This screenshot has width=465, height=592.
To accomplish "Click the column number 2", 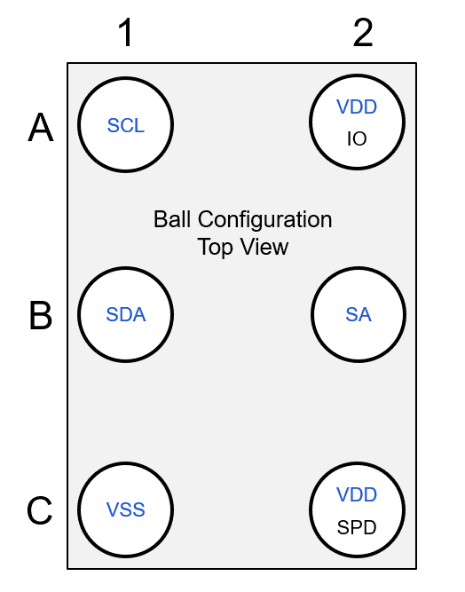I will (x=363, y=33).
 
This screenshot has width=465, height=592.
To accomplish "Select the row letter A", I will (x=41, y=129).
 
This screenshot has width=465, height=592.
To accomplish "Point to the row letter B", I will (x=41, y=316).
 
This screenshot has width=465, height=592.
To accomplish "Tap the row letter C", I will (x=41, y=511).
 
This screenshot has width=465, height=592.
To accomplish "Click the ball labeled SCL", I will (x=125, y=125).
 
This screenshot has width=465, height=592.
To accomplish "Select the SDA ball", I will (x=125, y=314).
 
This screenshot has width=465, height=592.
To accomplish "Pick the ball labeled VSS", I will (x=125, y=510).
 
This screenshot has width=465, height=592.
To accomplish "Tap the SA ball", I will (x=359, y=314).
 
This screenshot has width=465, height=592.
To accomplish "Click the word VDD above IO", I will (x=357, y=107).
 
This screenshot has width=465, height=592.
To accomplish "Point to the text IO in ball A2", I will (x=357, y=139).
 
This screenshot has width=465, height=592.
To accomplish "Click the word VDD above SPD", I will (x=357, y=495).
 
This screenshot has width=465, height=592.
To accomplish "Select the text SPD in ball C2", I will (x=357, y=528).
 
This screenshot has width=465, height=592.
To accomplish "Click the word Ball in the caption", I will (x=172, y=219).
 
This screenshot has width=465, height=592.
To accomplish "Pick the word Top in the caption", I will (x=214, y=248).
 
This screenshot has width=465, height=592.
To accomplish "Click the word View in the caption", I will (x=263, y=247).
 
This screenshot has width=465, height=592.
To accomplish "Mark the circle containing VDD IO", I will (x=357, y=123).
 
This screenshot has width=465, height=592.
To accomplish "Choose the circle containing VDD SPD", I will (x=357, y=510).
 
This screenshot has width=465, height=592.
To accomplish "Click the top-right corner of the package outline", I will (x=415, y=63).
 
